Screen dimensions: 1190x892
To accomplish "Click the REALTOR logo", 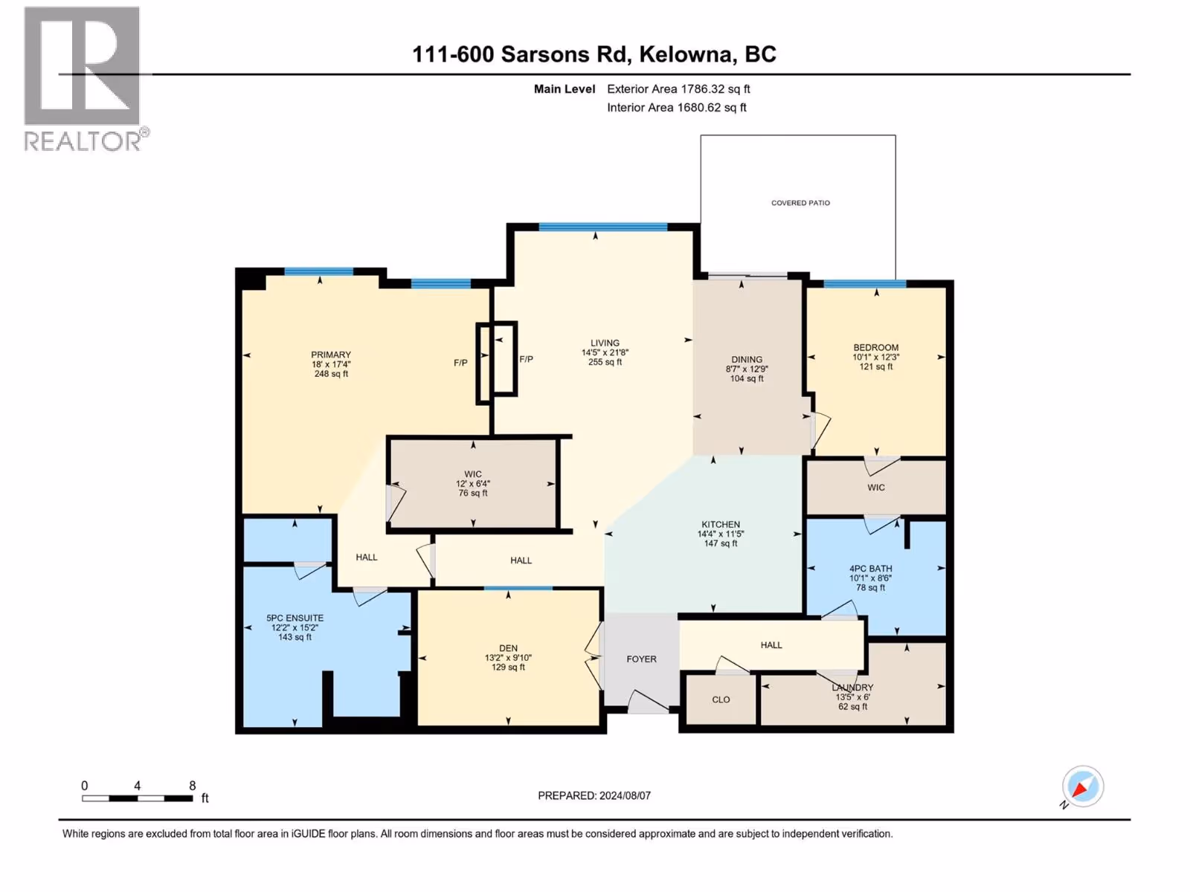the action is [86, 79].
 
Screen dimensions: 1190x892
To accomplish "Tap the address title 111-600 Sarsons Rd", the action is [520, 54].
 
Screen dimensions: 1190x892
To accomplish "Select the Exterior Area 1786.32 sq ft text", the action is [678, 88].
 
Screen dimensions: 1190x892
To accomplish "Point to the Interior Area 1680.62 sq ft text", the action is [676, 107].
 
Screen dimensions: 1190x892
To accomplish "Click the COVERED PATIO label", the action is [800, 202].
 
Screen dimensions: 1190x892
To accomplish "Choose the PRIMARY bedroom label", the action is [331, 355].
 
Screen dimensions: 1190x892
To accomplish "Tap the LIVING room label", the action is [605, 343].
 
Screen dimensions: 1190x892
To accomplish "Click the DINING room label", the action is [747, 359].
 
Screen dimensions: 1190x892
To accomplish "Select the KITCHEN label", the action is [721, 524].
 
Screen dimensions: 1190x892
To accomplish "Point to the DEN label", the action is [508, 647].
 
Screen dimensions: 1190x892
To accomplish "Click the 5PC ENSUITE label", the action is [295, 618].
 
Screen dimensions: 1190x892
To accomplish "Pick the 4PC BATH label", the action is [870, 568].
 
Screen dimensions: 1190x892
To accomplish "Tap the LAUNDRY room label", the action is [852, 687].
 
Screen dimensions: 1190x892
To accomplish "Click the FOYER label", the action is [641, 659].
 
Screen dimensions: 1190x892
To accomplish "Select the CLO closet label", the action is [721, 699].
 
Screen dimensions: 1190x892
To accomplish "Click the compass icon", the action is [1082, 786].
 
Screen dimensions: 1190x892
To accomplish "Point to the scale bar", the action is [137, 798].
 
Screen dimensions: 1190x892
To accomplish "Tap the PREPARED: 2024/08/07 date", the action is [594, 795].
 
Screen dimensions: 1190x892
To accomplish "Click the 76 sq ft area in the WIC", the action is [473, 493].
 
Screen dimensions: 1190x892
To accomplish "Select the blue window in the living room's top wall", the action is [603, 227].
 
